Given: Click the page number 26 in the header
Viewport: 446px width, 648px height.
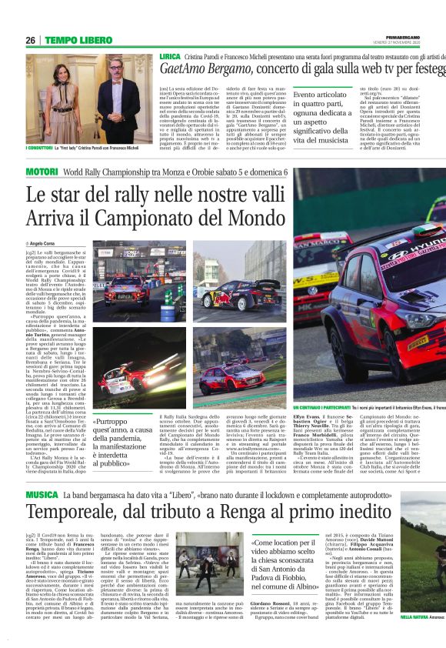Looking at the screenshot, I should point(31,40).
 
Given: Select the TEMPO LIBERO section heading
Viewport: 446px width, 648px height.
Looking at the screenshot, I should point(77,40).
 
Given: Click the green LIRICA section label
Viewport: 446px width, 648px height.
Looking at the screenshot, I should point(171,57).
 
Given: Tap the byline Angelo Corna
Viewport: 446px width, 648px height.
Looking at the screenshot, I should point(43,242).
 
